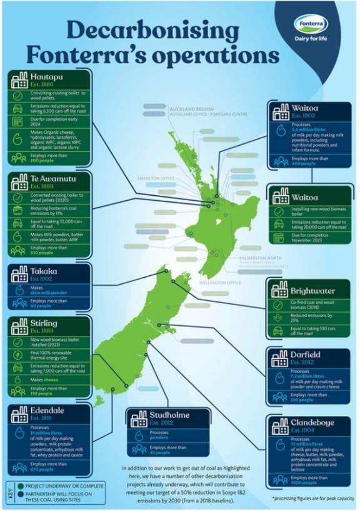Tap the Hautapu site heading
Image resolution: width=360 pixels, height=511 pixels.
click(47, 78)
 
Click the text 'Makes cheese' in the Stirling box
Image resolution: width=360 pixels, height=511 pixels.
click(44, 380)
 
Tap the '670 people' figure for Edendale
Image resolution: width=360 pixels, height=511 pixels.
click(43, 469)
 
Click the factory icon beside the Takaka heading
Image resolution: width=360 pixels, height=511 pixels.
click(17, 273)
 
